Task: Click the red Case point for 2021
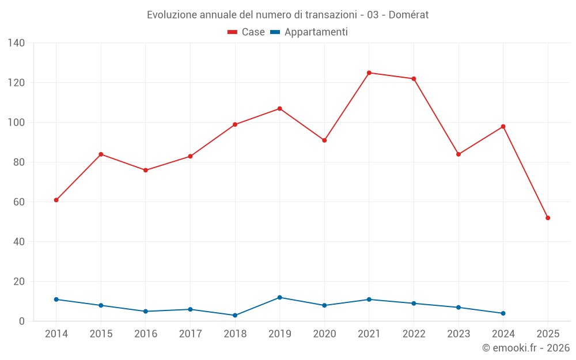coord(369,73)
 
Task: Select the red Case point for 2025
coord(548,218)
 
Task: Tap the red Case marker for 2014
coord(56,200)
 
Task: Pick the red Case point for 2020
coord(324,140)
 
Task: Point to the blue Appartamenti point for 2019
coord(279,297)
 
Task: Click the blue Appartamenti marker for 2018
coord(235,315)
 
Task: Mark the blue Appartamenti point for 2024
coord(503,313)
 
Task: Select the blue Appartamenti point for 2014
coord(56,300)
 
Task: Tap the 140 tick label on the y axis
coord(17,43)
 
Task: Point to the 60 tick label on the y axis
coord(20,202)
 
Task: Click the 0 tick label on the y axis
coord(22,321)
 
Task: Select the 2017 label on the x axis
coord(190,334)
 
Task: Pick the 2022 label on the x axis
coord(414,334)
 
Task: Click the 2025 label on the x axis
coord(548,334)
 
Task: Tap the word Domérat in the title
coord(408,15)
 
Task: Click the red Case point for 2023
coord(458,154)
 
